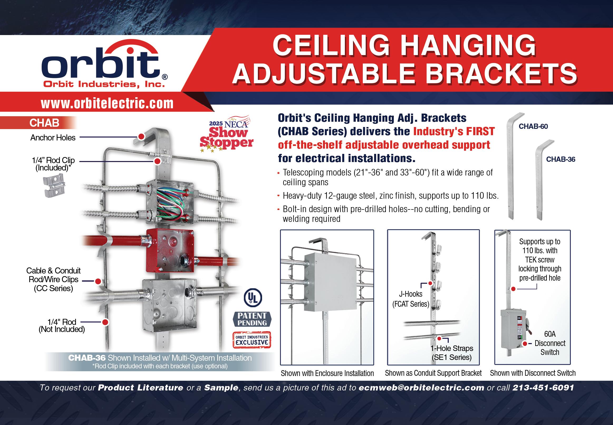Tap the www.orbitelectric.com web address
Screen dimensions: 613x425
107,104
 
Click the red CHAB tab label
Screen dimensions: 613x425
44,123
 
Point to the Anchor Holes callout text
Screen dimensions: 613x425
53,138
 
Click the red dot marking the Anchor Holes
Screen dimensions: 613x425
142,136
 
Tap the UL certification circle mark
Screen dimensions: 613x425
253,298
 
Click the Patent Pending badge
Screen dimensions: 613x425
252,319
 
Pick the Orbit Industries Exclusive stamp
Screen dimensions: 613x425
252,340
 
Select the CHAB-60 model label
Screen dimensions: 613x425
533,126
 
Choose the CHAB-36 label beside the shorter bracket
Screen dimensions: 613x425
561,159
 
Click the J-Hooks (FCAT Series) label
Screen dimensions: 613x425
411,299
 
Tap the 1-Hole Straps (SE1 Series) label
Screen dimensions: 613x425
452,353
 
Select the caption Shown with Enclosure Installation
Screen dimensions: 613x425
327,373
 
